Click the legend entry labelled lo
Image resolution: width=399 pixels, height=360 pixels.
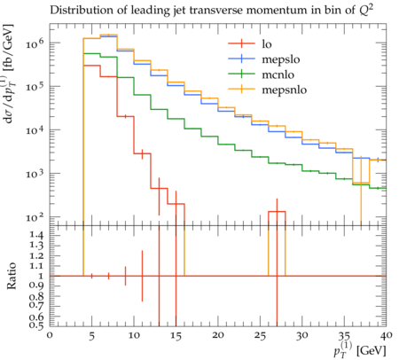tap(267, 44)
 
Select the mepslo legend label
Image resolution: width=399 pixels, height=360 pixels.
tap(281, 59)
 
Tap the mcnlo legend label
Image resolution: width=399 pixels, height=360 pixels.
tap(278, 74)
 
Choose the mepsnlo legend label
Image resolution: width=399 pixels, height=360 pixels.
tap(285, 90)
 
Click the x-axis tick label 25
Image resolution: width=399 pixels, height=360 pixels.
tap(260, 336)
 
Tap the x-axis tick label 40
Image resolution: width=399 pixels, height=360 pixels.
tap(386, 335)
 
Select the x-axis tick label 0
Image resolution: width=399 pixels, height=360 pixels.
tap(50, 335)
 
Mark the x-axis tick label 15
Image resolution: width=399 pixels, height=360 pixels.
tap(176, 336)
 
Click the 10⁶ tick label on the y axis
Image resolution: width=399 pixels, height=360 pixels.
tap(35, 43)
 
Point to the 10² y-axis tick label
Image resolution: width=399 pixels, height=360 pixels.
tap(35, 217)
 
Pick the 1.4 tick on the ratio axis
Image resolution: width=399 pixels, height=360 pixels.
tap(37, 236)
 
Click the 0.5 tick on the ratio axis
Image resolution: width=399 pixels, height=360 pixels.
tap(37, 325)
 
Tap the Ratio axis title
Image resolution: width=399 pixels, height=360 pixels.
tap(11, 276)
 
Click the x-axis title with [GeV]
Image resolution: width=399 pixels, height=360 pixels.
tap(360, 349)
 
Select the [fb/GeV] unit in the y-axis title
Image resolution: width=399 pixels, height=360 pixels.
tap(9, 45)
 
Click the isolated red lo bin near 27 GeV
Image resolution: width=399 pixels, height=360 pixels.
tap(277, 212)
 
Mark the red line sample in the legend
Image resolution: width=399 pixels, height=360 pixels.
tap(241, 43)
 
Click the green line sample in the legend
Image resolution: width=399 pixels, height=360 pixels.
tap(241, 74)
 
